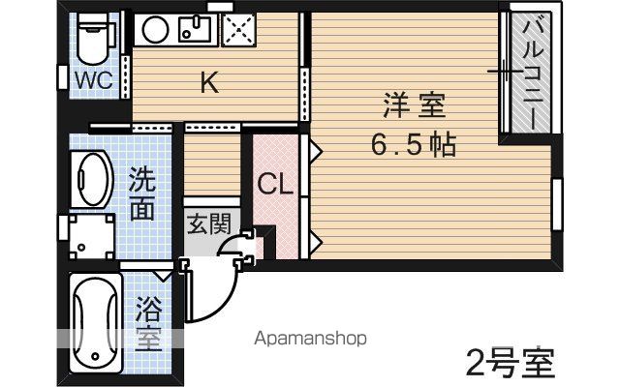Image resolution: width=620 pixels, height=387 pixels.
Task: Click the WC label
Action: coord(94,80)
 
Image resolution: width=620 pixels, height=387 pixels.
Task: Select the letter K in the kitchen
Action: coord(209,83)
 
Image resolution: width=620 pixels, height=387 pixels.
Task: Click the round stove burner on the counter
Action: coord(155,29)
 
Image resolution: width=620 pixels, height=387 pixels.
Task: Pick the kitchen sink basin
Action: coord(194,29)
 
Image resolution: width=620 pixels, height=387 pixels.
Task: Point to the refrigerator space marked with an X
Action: coord(238,29)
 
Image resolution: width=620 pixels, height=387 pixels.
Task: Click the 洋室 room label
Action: coord(415,105)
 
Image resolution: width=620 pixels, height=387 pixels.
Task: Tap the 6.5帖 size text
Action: coord(414,144)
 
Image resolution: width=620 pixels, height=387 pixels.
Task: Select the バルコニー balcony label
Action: coord(532,74)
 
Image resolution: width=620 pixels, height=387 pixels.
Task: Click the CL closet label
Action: coord(275,184)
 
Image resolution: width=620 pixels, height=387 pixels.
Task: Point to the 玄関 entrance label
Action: coord(208,223)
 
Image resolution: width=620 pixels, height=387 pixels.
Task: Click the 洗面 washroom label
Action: coord(142,193)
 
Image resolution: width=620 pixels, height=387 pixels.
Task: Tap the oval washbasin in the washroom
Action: coord(92,179)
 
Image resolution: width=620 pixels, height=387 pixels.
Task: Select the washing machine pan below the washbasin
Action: coord(92,236)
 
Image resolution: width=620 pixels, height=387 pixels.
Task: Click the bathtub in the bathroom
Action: coord(95,323)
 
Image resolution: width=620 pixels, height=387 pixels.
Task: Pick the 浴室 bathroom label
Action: coord(148,324)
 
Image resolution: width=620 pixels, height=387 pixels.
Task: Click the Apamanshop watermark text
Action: coord(310,339)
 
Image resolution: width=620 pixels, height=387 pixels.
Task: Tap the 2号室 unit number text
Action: coord(511,364)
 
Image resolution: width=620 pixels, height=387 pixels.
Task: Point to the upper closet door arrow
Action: coord(316,151)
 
